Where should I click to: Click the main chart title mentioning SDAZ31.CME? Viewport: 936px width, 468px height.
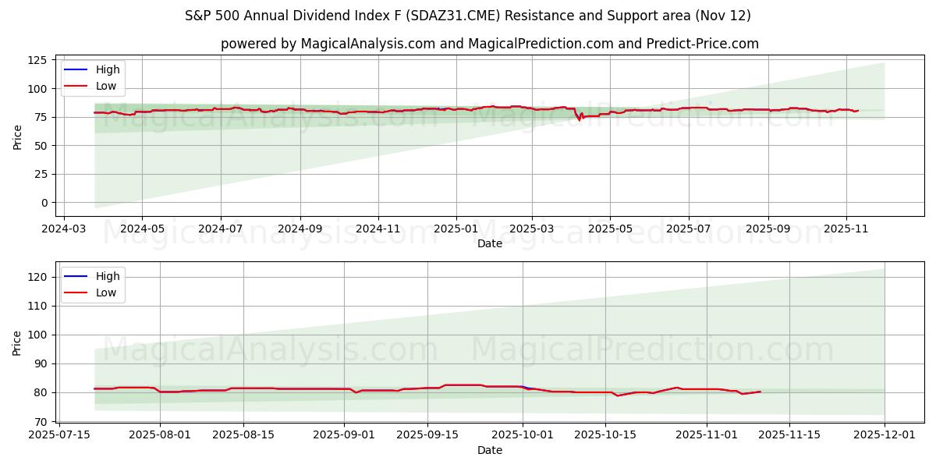pos(468,16)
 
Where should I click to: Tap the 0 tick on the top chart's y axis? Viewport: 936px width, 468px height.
pos(44,203)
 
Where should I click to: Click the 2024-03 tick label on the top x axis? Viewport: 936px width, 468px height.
pos(63,229)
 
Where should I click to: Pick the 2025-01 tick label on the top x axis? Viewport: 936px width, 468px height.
pos(456,229)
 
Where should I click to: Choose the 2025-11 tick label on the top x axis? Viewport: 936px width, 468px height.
pos(847,229)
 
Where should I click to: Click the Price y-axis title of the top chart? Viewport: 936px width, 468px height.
pos(18,136)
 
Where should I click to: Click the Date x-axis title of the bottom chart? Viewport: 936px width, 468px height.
pos(489,450)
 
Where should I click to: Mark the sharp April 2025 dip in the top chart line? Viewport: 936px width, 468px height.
pos(579,119)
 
